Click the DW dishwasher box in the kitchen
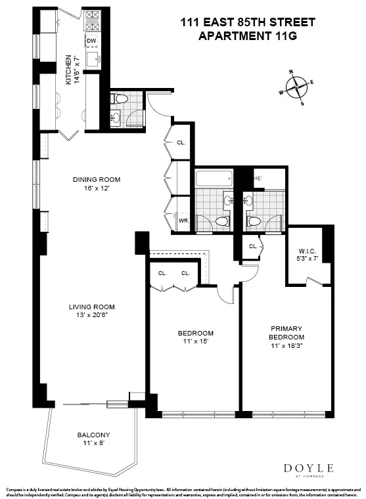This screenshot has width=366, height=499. (x=91, y=41)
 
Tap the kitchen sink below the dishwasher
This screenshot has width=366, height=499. (x=92, y=60)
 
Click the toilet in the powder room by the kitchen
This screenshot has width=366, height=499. (x=119, y=99)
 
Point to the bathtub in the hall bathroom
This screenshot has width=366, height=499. (x=214, y=178)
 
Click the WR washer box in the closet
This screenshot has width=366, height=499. (x=183, y=221)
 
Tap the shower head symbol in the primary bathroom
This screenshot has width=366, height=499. (x=258, y=178)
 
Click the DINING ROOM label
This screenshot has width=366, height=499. (x=97, y=179)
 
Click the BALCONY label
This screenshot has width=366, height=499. (x=93, y=435)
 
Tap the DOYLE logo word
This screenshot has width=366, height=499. (x=308, y=467)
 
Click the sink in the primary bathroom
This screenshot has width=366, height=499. (x=249, y=201)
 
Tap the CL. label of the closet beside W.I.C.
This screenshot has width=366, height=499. (x=253, y=246)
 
